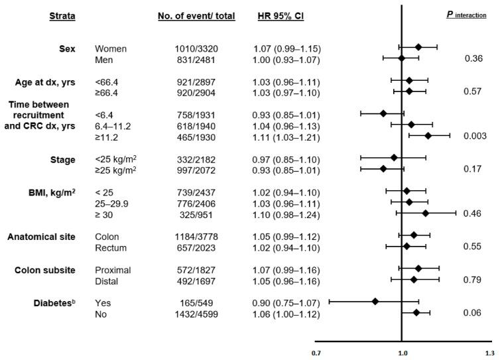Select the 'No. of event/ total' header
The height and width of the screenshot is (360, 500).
(196, 16)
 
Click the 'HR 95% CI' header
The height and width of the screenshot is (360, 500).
(281, 16)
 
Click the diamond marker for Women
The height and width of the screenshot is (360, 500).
(418, 47)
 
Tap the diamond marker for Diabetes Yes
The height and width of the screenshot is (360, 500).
(375, 301)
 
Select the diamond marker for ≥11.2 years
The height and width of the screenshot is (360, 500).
(428, 135)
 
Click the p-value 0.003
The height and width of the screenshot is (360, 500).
(471, 135)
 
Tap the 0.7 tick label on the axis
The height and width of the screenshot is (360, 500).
(317, 353)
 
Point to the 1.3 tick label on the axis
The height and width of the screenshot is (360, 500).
(489, 353)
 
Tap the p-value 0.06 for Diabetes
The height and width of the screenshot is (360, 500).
(471, 312)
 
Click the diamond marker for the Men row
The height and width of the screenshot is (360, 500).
(402, 58)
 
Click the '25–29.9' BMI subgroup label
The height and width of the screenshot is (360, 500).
(113, 202)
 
